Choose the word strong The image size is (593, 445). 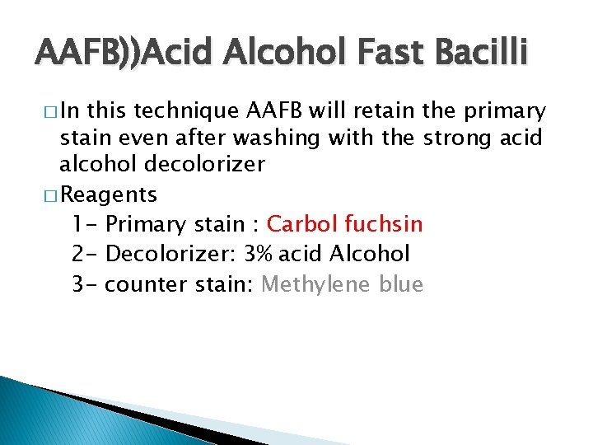[456, 137]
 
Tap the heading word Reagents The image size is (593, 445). [109, 195]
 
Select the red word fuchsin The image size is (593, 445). [384, 223]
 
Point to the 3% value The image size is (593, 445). [260, 254]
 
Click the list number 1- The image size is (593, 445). [85, 223]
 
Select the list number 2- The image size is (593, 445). [86, 254]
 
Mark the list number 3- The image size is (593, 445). [86, 284]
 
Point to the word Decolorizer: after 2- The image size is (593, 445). [170, 254]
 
